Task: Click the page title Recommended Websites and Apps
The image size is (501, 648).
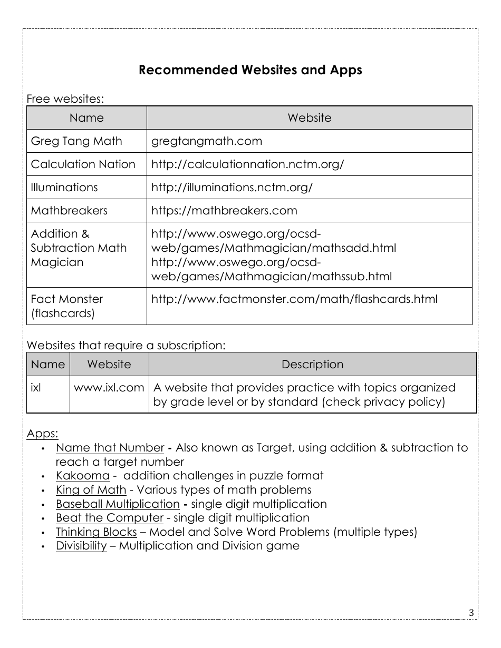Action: point(250,70)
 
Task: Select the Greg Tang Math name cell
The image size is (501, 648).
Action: point(76,141)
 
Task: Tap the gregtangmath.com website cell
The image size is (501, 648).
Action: point(207,141)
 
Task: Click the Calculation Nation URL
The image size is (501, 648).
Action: point(247,164)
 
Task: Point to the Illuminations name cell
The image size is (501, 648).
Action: point(64,188)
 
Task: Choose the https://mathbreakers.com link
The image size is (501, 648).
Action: point(224,211)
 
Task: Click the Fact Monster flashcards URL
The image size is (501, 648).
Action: point(294,299)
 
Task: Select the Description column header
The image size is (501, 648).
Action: point(312,365)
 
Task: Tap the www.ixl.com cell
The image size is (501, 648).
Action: point(109,388)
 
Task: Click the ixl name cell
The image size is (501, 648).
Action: point(36,388)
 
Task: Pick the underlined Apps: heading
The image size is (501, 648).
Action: point(42,434)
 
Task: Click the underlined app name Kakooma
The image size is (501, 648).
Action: point(83,476)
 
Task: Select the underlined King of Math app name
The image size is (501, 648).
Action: point(91,490)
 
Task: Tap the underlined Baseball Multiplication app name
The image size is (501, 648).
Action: point(118,504)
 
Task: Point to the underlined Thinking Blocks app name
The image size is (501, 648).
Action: point(97,532)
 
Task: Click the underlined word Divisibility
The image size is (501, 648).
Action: point(81,546)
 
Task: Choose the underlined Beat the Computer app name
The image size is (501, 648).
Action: point(110,518)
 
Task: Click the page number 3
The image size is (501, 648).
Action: point(471,612)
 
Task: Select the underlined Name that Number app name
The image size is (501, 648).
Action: point(110,448)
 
